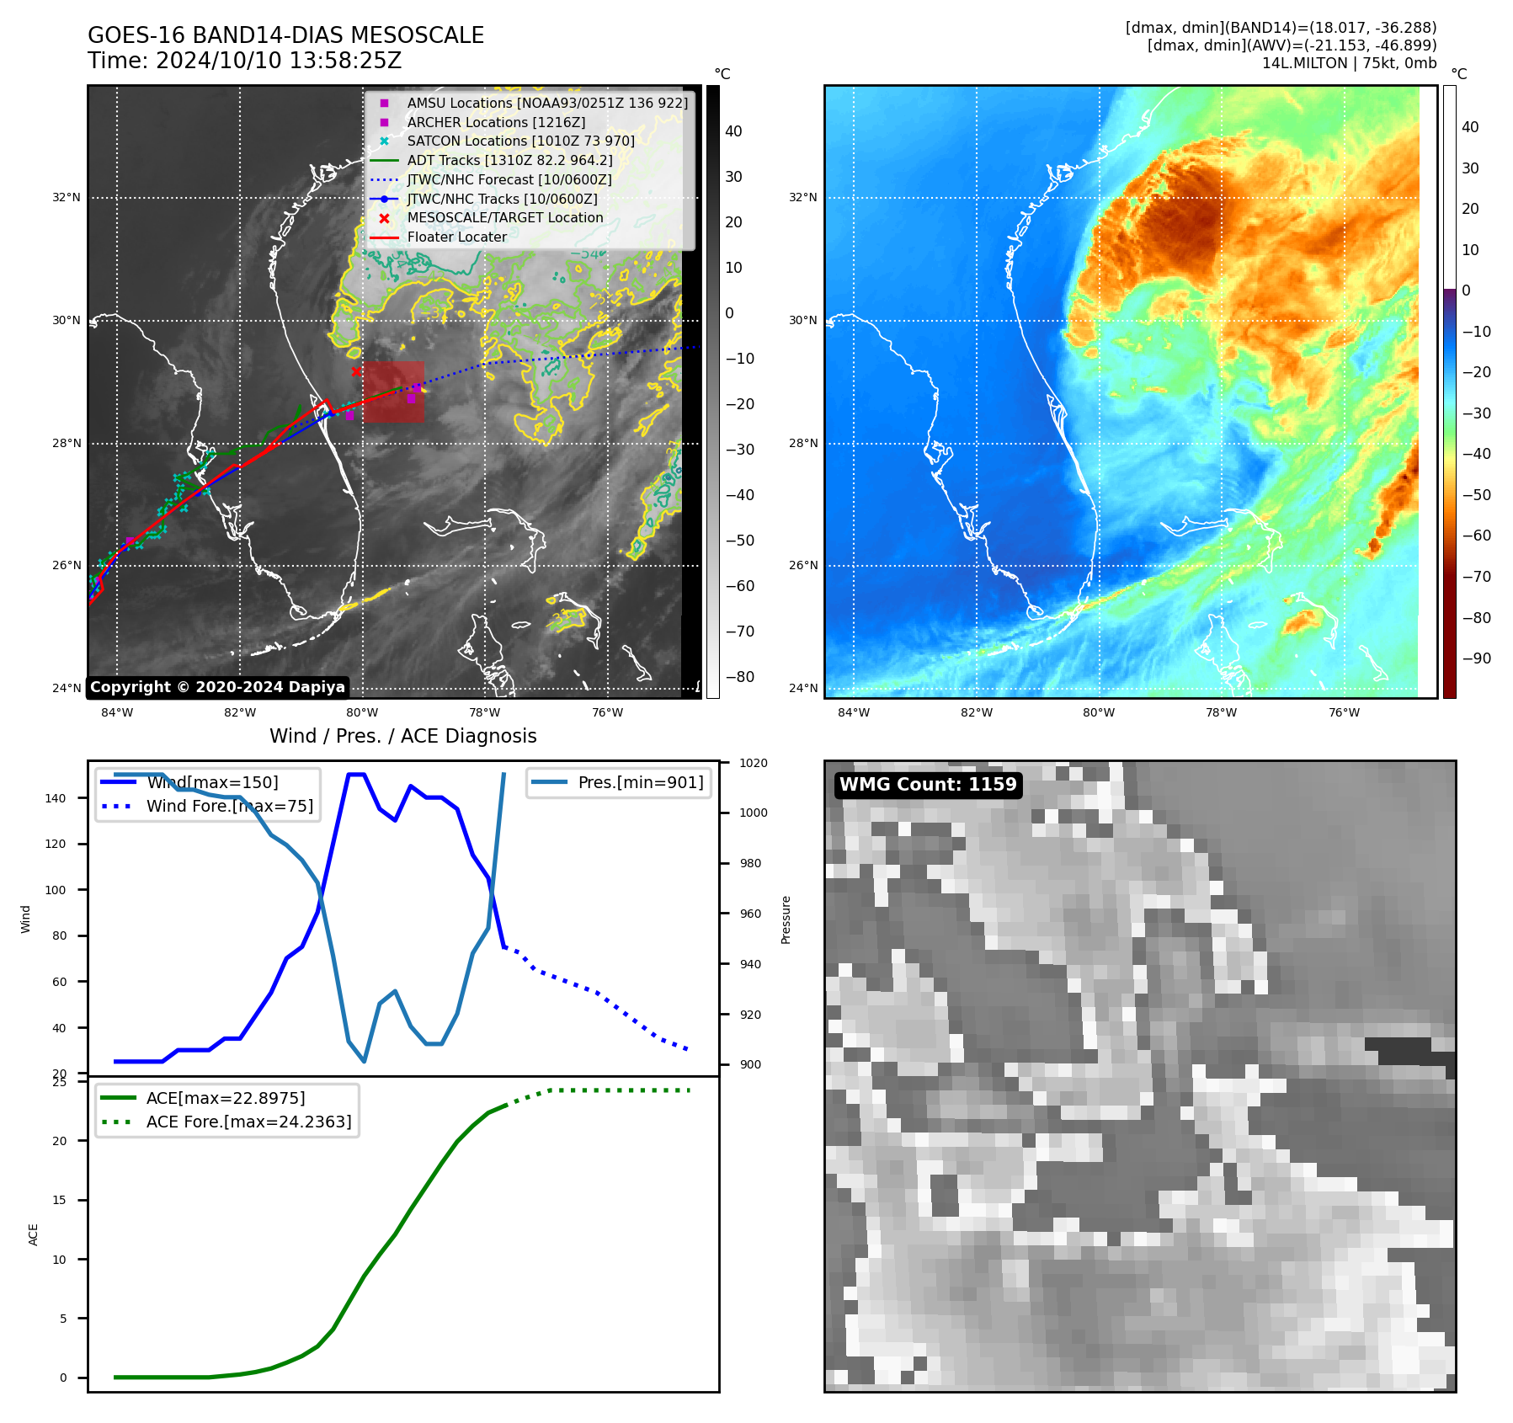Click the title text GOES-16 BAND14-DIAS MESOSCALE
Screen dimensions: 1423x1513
click(285, 35)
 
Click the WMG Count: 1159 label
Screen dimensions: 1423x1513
click(928, 785)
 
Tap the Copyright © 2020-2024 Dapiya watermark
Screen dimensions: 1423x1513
click(217, 687)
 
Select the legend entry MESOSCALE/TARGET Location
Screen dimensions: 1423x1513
click(504, 218)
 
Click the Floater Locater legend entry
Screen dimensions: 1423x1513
click(456, 237)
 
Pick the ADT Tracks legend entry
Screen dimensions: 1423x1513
click(509, 160)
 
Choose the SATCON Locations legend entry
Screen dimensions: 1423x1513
click(520, 141)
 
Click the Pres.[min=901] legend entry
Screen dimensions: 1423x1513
click(640, 782)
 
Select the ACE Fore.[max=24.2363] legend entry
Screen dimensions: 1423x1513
click(248, 1122)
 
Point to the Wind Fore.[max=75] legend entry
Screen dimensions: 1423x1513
click(229, 806)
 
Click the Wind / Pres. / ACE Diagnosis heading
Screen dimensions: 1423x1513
click(402, 736)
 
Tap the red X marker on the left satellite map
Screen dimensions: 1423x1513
click(356, 371)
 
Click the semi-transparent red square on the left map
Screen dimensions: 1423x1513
click(393, 392)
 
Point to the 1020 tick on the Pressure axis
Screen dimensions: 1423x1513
click(754, 763)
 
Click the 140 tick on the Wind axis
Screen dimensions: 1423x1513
click(55, 798)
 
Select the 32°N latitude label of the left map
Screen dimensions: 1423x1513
click(67, 198)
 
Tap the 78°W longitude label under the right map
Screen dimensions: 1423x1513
click(1221, 712)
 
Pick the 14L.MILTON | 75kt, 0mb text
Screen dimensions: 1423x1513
click(1349, 63)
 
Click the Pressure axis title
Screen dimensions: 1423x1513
click(786, 919)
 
